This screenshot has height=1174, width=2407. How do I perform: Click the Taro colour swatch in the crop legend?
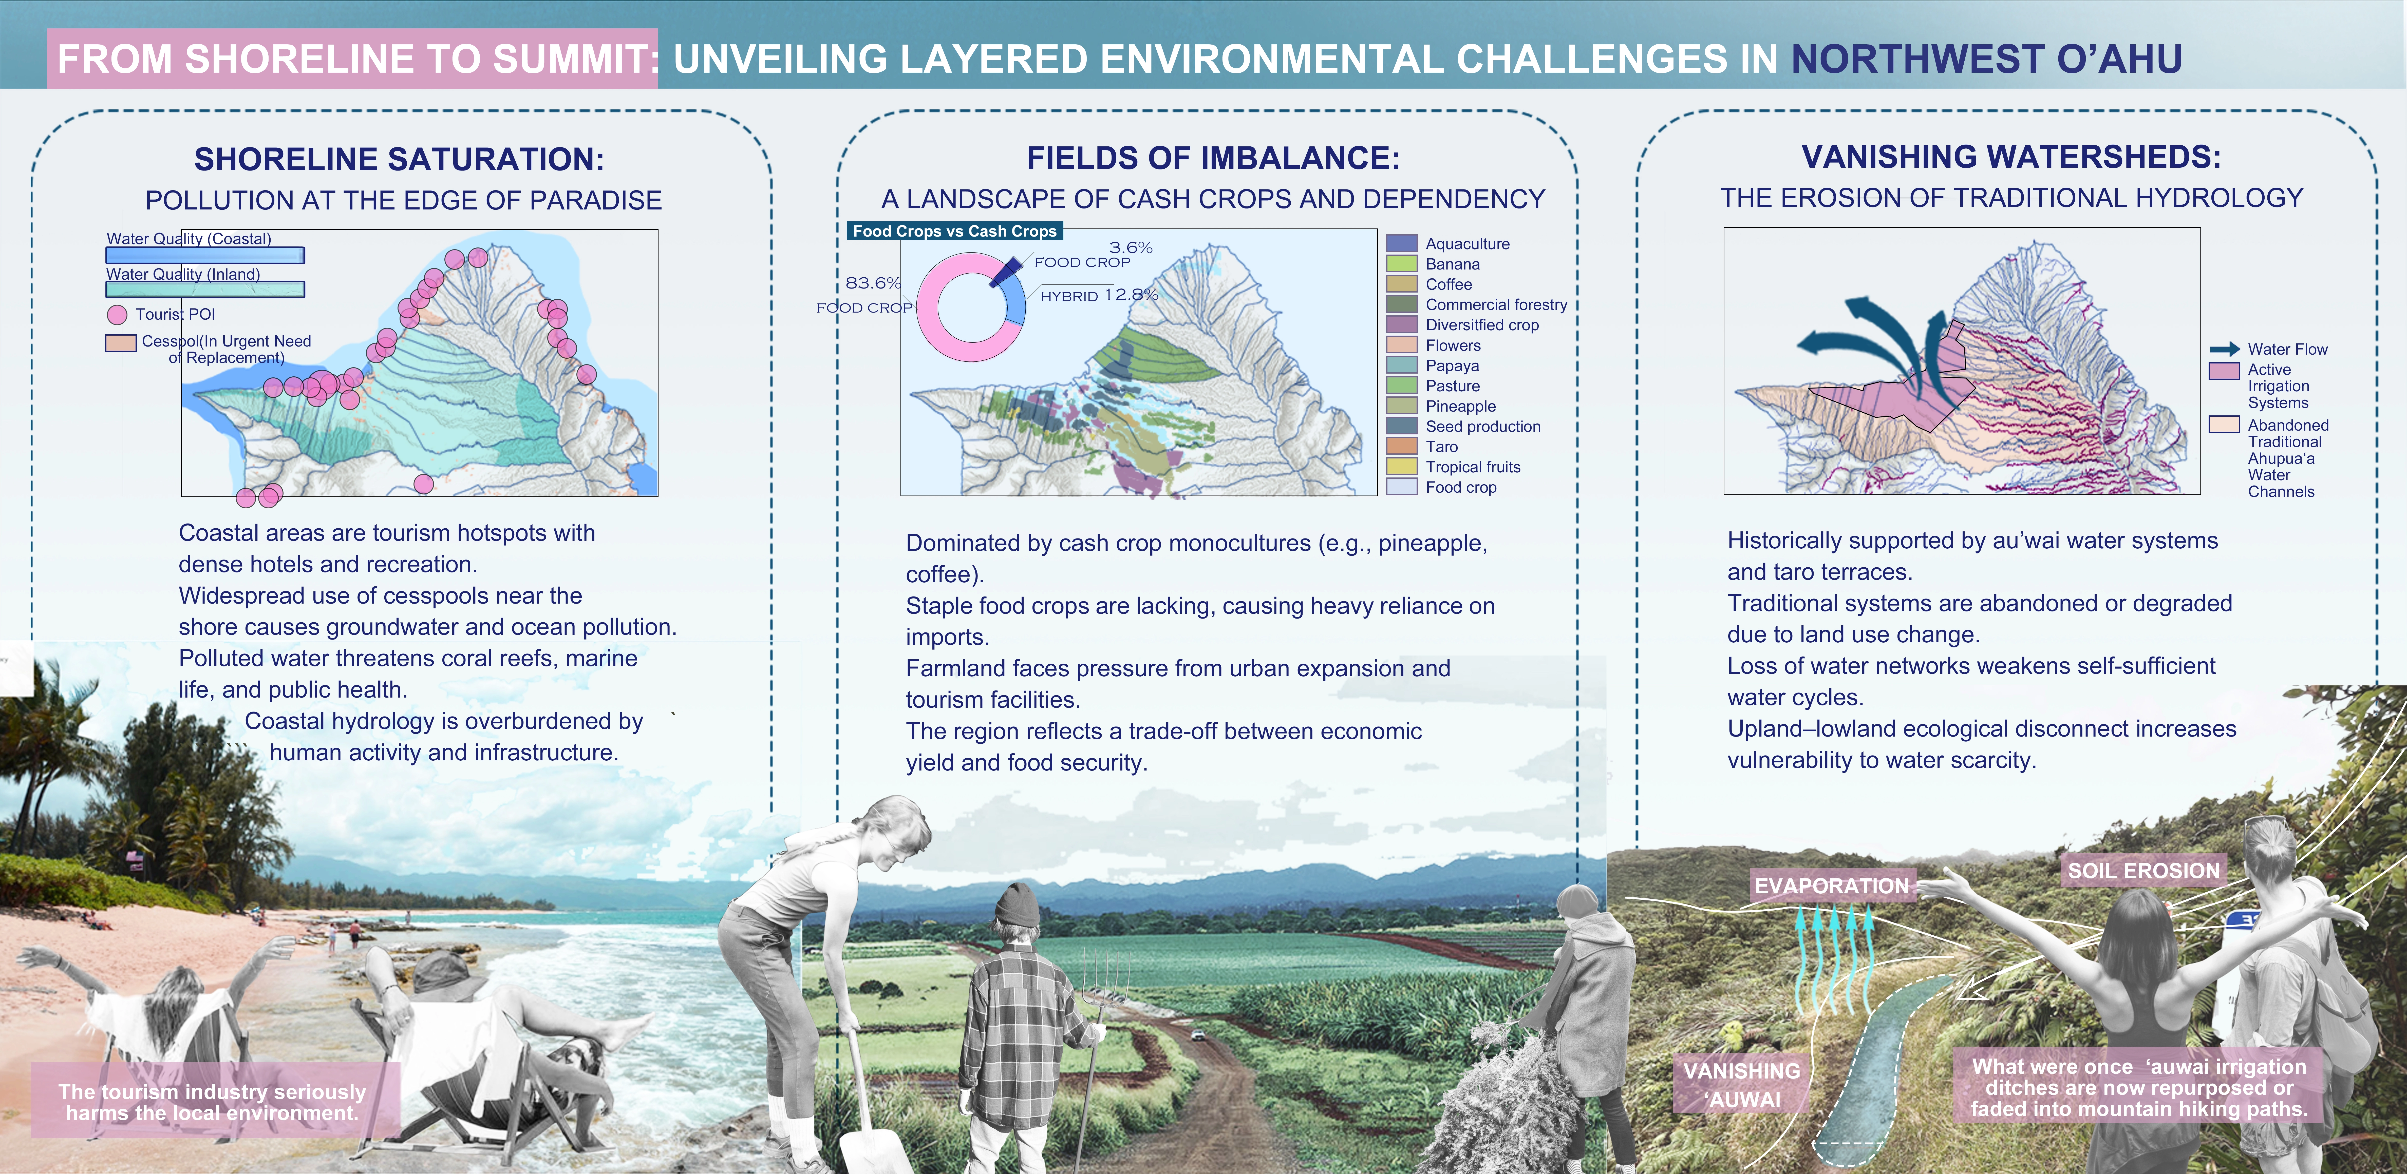coord(1402,447)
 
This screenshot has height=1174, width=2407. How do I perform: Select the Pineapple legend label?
coord(1460,406)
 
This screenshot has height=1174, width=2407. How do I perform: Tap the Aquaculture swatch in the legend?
coord(1402,244)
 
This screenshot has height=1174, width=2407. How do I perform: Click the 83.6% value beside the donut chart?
coord(873,282)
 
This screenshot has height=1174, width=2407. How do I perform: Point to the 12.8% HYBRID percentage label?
coord(1131,294)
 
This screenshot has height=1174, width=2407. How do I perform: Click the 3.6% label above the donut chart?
coord(1131,247)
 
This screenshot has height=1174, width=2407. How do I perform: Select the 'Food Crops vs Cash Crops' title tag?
coord(954,231)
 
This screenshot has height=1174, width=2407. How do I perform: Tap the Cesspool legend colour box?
coord(121,343)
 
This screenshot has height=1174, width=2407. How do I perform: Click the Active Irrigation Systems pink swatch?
coord(2224,371)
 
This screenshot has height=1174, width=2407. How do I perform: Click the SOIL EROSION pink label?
coord(2142,871)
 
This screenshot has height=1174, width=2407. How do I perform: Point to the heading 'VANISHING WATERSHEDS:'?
coord(2011,157)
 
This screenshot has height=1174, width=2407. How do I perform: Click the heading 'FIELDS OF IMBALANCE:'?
coord(1213,158)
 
